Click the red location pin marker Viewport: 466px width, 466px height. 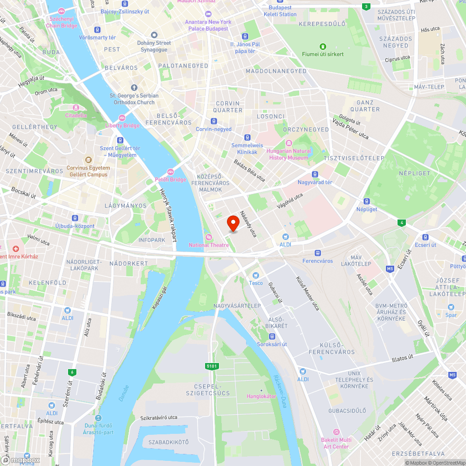tap(233, 223)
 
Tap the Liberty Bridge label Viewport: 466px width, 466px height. tap(123, 126)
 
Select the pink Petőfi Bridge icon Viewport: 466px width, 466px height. tap(171, 172)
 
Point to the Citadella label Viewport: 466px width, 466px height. tap(75, 115)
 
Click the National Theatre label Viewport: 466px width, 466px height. tap(209, 245)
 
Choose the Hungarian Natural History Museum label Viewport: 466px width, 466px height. tap(288, 154)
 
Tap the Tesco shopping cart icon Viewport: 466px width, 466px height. tap(255, 275)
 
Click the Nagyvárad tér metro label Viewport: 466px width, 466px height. tap(315, 182)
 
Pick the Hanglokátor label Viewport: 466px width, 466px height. tap(261, 396)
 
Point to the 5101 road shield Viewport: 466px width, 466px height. tap(212, 366)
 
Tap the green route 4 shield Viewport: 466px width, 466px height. tap(402, 223)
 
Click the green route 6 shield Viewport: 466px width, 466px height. tap(72, 372)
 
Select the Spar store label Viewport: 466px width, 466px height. tap(451, 315)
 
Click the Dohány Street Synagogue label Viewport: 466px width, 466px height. tap(154, 46)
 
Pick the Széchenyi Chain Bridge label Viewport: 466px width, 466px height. tap(62, 22)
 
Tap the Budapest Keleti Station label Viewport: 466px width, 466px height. tap(280, 11)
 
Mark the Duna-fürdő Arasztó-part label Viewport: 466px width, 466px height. tap(99, 428)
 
